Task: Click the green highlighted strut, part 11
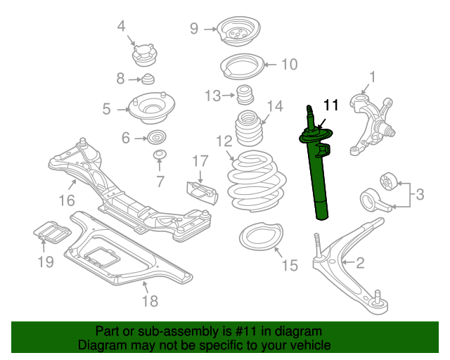pyautogui.click(x=318, y=176)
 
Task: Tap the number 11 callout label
pyautogui.click(x=331, y=105)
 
